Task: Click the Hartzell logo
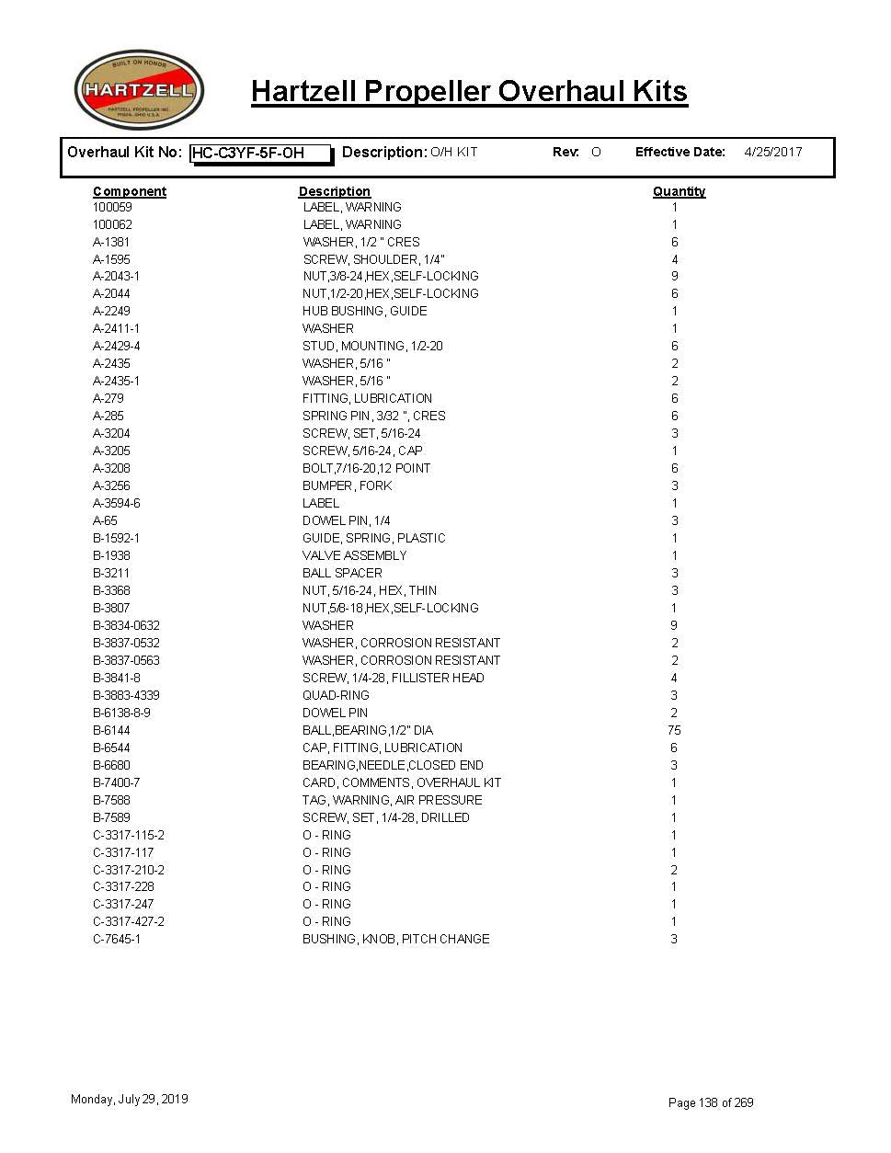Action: [x=139, y=90]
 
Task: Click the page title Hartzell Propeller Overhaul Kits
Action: [x=469, y=91]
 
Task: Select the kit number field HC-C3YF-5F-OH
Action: [x=260, y=153]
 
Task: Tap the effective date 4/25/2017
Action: [x=772, y=152]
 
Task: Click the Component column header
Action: [x=130, y=191]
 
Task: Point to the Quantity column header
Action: [x=679, y=191]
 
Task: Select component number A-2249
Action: [x=111, y=311]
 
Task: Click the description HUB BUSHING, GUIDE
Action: [x=364, y=311]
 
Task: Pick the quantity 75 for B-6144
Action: [x=674, y=730]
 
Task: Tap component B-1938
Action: [x=111, y=555]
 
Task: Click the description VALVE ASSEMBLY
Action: [x=354, y=555]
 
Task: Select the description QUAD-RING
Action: [x=336, y=695]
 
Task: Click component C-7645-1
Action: [x=117, y=939]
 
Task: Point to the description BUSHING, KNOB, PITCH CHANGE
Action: [x=395, y=939]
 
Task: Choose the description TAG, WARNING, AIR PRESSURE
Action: [x=392, y=800]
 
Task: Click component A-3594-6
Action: [x=117, y=503]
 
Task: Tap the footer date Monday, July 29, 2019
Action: [x=130, y=1099]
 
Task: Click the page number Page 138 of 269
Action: [x=711, y=1102]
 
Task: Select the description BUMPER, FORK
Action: [x=347, y=485]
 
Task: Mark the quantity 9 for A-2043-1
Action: [x=674, y=276]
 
